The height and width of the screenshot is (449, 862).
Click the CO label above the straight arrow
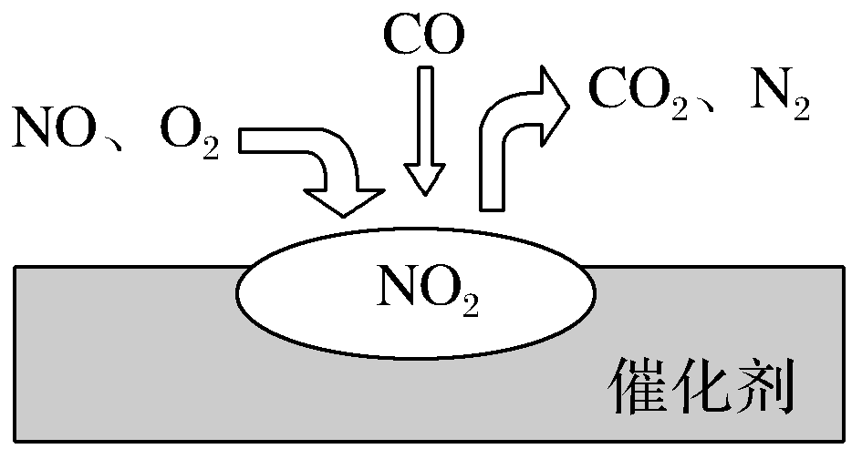423,36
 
